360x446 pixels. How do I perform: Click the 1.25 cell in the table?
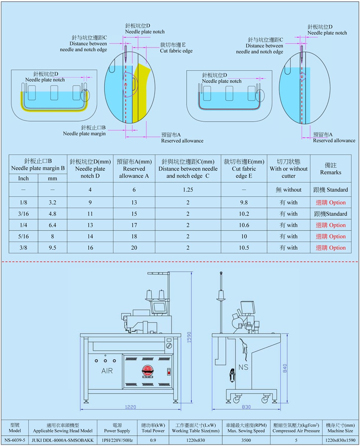[x=188, y=190]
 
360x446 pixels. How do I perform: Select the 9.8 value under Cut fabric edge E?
[x=244, y=203]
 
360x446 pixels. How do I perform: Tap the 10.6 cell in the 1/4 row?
[x=244, y=225]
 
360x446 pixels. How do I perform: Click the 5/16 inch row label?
[x=24, y=236]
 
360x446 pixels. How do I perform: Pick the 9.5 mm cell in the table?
[x=53, y=248]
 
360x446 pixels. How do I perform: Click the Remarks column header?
[x=330, y=169]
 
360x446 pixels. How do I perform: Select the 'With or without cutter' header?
[x=288, y=169]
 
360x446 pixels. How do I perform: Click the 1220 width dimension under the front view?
[x=130, y=407]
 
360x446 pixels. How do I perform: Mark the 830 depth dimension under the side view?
[x=246, y=407]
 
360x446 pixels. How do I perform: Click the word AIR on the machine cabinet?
[x=107, y=371]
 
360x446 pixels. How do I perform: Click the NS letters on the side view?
[x=243, y=367]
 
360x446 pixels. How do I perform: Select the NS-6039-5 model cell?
[x=14, y=440]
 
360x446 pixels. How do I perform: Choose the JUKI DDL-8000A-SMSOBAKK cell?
[x=63, y=440]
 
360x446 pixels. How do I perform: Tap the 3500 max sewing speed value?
[x=246, y=440]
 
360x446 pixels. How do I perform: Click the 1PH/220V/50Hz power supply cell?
[x=118, y=440]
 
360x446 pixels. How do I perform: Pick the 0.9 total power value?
[x=153, y=440]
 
